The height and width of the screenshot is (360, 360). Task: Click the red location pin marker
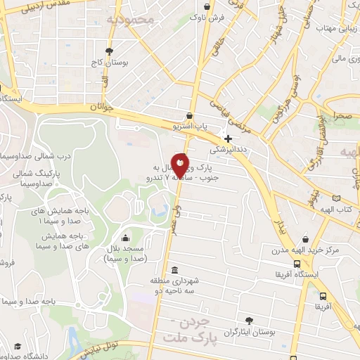pyautogui.click(x=180, y=166)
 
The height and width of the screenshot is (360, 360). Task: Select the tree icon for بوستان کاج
pyautogui.click(x=108, y=51)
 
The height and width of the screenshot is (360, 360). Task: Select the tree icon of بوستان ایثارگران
pyautogui.click(x=247, y=320)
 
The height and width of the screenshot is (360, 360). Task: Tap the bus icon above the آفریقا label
pyautogui.click(x=323, y=296)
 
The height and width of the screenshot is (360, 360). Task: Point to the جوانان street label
pyautogui.click(x=101, y=108)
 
